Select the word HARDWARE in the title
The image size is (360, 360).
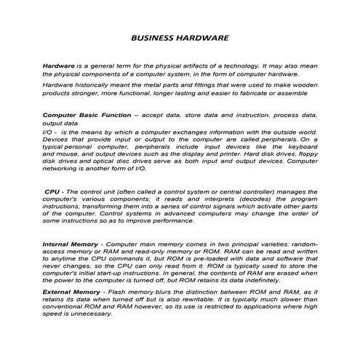204,37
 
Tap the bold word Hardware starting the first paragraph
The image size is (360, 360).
59,65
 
